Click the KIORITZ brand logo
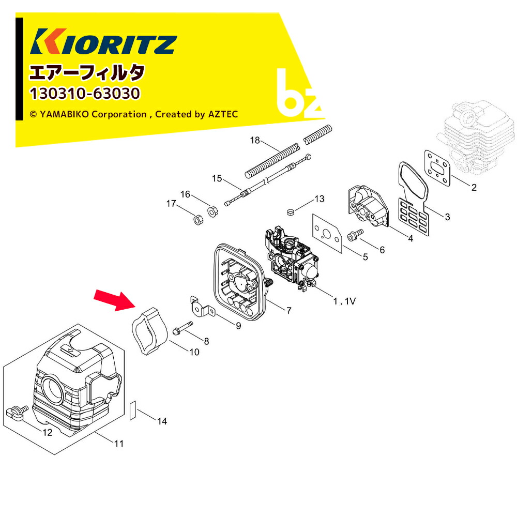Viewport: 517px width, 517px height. pos(103,41)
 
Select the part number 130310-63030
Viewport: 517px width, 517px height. pos(85,93)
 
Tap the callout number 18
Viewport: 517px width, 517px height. pos(255,140)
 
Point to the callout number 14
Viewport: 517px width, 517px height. pos(162,421)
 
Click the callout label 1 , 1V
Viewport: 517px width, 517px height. pos(344,301)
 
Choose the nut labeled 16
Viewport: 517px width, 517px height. pos(212,211)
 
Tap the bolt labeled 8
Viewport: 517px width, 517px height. pos(183,327)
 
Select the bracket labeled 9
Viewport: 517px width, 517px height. pos(202,307)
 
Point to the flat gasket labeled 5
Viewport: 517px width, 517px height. pos(327,233)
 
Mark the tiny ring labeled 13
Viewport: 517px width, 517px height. pos(290,211)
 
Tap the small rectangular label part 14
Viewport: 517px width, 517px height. pos(132,410)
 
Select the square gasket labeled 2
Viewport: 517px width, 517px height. pos(437,168)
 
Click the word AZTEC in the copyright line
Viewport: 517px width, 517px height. pos(223,114)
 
